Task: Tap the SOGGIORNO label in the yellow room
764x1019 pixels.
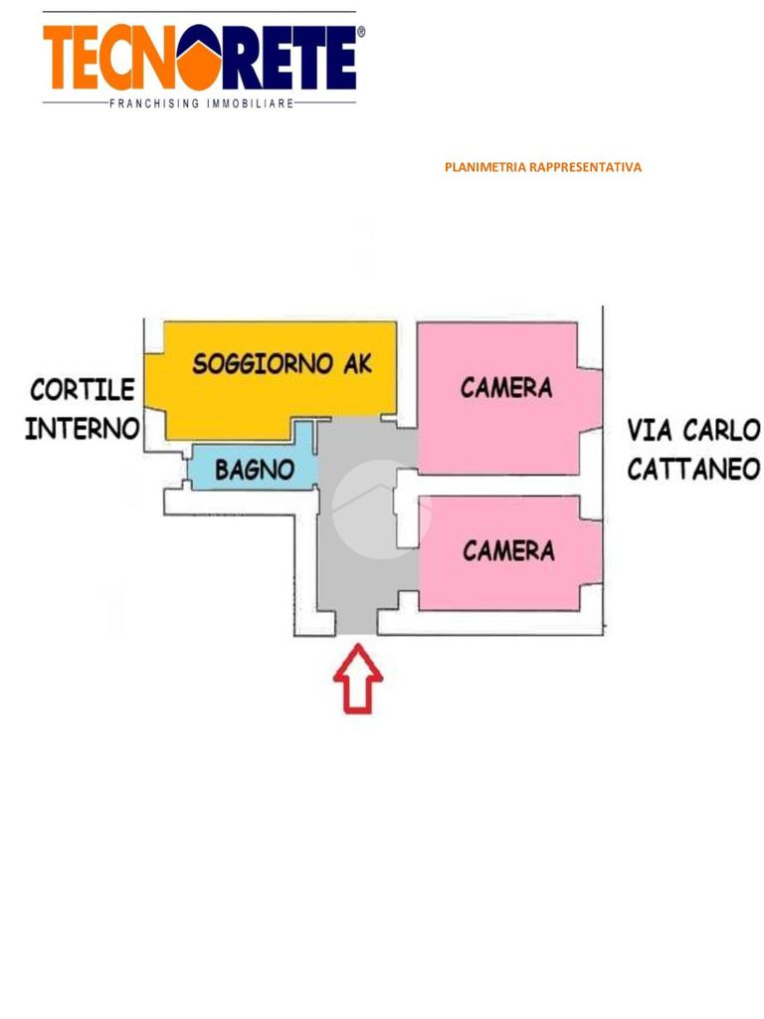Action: [x=262, y=363]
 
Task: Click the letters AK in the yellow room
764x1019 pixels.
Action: [x=356, y=363]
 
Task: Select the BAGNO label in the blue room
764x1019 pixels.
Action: [x=255, y=470]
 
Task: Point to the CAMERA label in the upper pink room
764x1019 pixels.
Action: [x=506, y=387]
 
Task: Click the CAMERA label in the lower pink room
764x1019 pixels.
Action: [x=508, y=550]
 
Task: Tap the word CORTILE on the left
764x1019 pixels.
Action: [x=82, y=388]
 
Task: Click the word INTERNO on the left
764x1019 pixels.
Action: [x=82, y=429]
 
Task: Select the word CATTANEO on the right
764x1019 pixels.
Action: [x=693, y=469]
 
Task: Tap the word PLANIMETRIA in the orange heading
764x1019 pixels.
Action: [x=485, y=167]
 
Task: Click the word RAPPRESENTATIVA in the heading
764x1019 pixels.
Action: [x=586, y=167]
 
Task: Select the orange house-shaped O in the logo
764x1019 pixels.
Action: [x=204, y=59]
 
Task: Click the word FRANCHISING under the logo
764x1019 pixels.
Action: [x=154, y=103]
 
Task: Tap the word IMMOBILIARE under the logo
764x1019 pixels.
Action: [x=249, y=103]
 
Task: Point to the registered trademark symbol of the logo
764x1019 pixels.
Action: [x=360, y=32]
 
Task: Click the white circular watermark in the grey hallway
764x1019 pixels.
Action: [x=380, y=509]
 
